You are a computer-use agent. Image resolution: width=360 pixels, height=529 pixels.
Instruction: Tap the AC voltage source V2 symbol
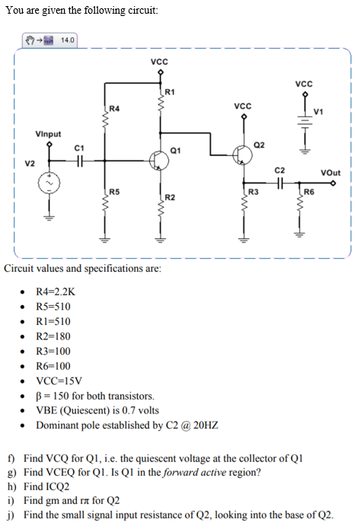pyautogui.click(x=50, y=183)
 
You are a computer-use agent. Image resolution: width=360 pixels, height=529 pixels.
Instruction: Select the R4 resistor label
pyautogui.click(x=114, y=109)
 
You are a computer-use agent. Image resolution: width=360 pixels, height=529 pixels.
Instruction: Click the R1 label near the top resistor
pyautogui.click(x=170, y=92)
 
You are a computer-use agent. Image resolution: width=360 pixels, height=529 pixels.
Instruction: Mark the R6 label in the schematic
pyautogui.click(x=310, y=191)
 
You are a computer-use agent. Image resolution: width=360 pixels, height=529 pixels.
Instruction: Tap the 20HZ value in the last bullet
pyautogui.click(x=205, y=425)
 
